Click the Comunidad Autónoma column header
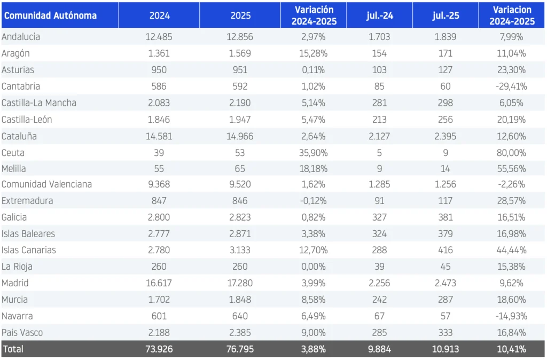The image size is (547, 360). pos(50,15)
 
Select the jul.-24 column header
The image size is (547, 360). pos(380,15)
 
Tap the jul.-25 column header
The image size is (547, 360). pos(446,15)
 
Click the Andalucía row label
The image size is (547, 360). pos(21,37)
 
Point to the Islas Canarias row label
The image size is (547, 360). pos(29,250)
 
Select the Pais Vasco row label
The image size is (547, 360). pos(22,332)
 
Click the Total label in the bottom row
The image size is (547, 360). pos(13,349)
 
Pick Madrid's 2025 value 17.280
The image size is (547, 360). pos(240,283)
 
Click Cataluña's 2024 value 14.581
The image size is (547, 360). pos(159,136)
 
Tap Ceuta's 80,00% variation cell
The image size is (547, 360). pos(511,153)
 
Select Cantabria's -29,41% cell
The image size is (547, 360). pos(511,86)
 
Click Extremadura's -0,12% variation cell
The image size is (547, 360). pos(314,201)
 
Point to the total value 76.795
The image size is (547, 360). pos(240,349)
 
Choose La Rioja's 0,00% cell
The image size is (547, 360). pos(314,267)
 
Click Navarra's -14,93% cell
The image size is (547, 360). pos(511,316)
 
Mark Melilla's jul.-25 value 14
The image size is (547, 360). pos(446,169)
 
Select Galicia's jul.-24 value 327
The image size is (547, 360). pos(380,217)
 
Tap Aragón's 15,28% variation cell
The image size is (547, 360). pos(314,53)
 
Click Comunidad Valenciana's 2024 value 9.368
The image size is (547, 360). pos(159,184)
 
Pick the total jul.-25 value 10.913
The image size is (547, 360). pos(446,349)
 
